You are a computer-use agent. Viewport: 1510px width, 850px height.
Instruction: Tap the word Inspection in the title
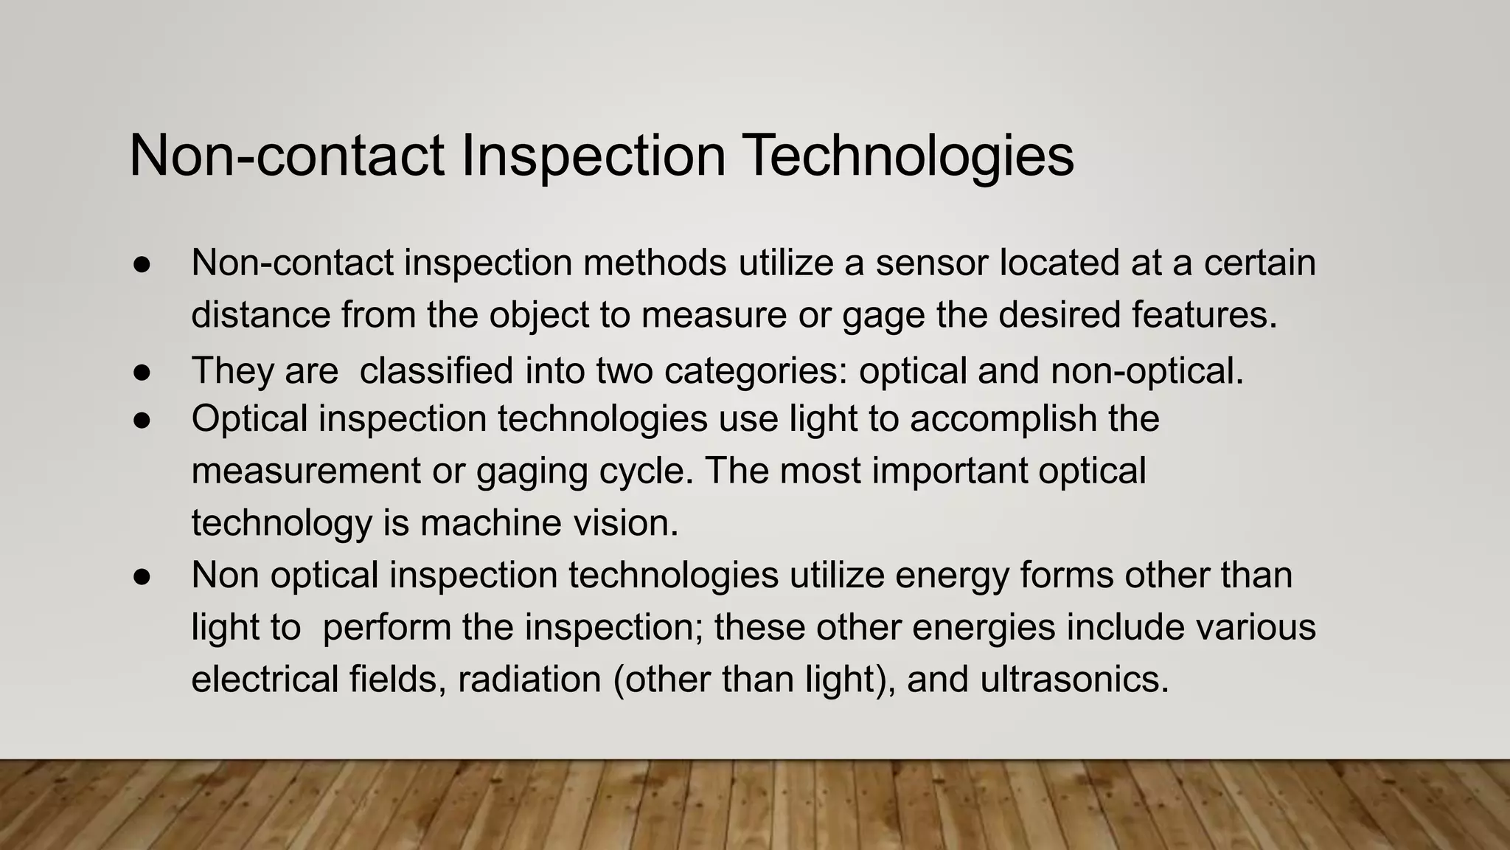tap(594, 156)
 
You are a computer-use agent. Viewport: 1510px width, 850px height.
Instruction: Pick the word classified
tap(436, 370)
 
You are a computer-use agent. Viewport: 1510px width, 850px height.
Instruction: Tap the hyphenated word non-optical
tap(1147, 370)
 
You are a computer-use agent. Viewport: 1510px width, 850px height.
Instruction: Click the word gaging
tap(532, 471)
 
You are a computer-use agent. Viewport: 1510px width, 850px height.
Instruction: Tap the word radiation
tap(529, 679)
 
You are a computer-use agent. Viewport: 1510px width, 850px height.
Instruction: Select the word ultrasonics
tap(1074, 679)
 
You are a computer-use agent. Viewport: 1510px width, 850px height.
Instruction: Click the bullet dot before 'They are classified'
tap(142, 371)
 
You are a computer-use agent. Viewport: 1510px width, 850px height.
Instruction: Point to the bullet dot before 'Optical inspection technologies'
tap(142, 420)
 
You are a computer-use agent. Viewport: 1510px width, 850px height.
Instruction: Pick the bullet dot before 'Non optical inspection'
tap(142, 576)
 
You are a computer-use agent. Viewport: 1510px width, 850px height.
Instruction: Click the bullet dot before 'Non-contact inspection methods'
tap(142, 263)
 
